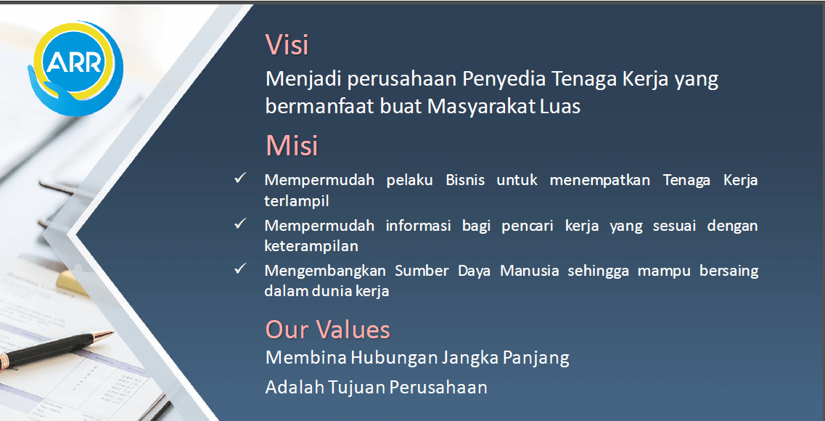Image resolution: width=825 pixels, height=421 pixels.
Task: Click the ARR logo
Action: tap(75, 68)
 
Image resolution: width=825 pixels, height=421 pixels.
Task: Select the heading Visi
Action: tap(287, 44)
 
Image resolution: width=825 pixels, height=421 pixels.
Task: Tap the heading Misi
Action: tap(292, 145)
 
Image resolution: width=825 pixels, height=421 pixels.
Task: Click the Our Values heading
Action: tap(327, 330)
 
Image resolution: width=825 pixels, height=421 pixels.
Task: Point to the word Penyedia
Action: tap(504, 79)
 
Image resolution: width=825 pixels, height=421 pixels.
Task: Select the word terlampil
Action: tap(297, 201)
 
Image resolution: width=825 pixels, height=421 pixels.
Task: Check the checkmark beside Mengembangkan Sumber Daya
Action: tap(240, 269)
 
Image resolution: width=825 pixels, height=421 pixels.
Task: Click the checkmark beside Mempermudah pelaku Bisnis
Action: tap(240, 178)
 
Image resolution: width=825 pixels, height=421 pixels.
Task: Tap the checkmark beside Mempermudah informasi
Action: tap(240, 224)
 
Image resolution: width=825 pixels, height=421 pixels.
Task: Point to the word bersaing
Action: tap(728, 271)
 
